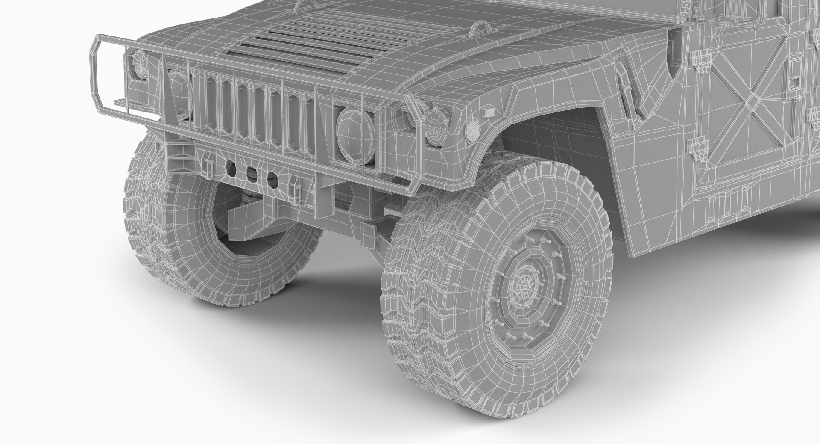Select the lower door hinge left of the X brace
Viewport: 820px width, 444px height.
700,148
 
